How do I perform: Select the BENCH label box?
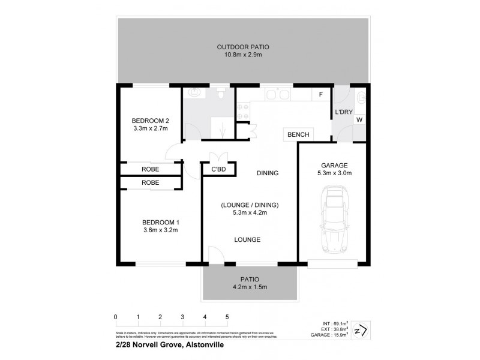coord(298,135)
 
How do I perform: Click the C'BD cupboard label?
coord(218,169)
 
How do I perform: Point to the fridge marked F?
coord(320,95)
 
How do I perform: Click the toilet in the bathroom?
coord(221,95)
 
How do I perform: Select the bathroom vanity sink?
coord(193,93)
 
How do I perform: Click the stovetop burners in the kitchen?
coord(244,110)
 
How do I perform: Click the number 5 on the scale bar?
coord(227,316)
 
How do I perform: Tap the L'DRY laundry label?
coord(343,112)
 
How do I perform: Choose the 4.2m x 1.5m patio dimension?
coord(249,287)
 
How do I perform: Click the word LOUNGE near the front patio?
coord(247,240)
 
